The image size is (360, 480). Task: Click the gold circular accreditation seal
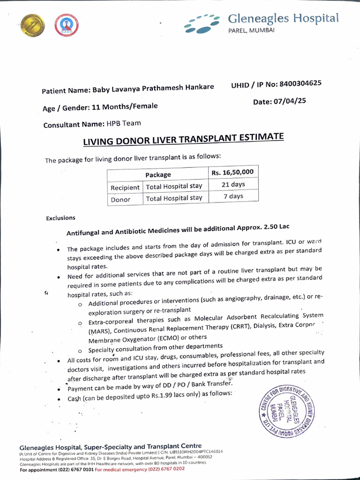[32, 25]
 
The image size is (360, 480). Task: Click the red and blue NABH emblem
[66, 25]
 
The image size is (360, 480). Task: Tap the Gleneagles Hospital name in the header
[283, 19]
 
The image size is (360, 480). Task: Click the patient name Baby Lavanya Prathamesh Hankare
[153, 88]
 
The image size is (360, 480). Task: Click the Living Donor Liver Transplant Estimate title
[183, 139]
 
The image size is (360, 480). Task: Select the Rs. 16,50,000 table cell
[232, 172]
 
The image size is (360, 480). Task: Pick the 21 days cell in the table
[233, 185]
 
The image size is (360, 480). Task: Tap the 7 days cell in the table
[233, 196]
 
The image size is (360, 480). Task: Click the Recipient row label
[125, 187]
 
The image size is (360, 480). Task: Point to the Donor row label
[120, 199]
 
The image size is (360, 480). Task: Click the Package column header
[158, 175]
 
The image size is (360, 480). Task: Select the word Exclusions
[60, 218]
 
